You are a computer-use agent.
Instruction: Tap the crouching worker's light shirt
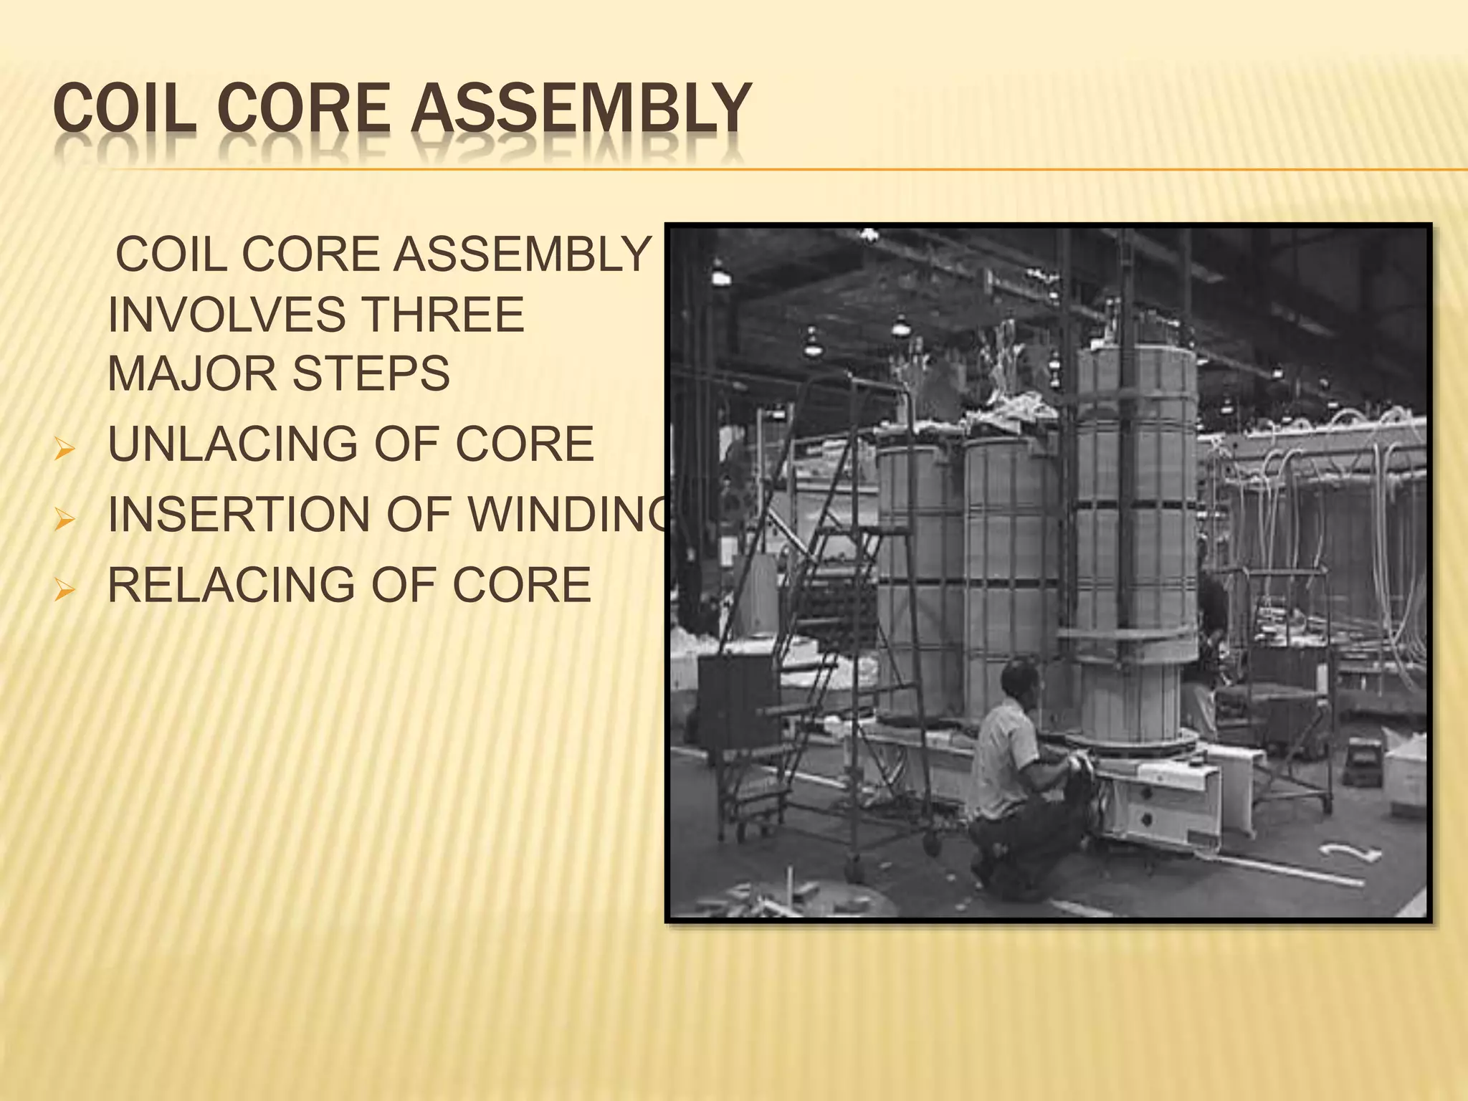point(1007,753)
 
